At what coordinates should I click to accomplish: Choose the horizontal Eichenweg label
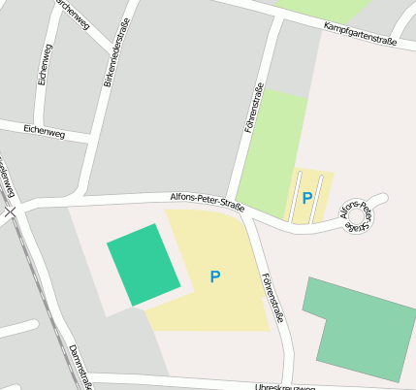click(44, 132)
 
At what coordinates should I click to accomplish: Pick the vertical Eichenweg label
click(43, 64)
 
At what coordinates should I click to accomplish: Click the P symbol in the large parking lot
click(215, 277)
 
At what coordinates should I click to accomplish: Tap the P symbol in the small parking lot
click(307, 198)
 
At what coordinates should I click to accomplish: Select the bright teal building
click(144, 265)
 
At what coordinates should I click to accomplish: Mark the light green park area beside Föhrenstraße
click(272, 146)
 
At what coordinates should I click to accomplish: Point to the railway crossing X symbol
click(11, 211)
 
